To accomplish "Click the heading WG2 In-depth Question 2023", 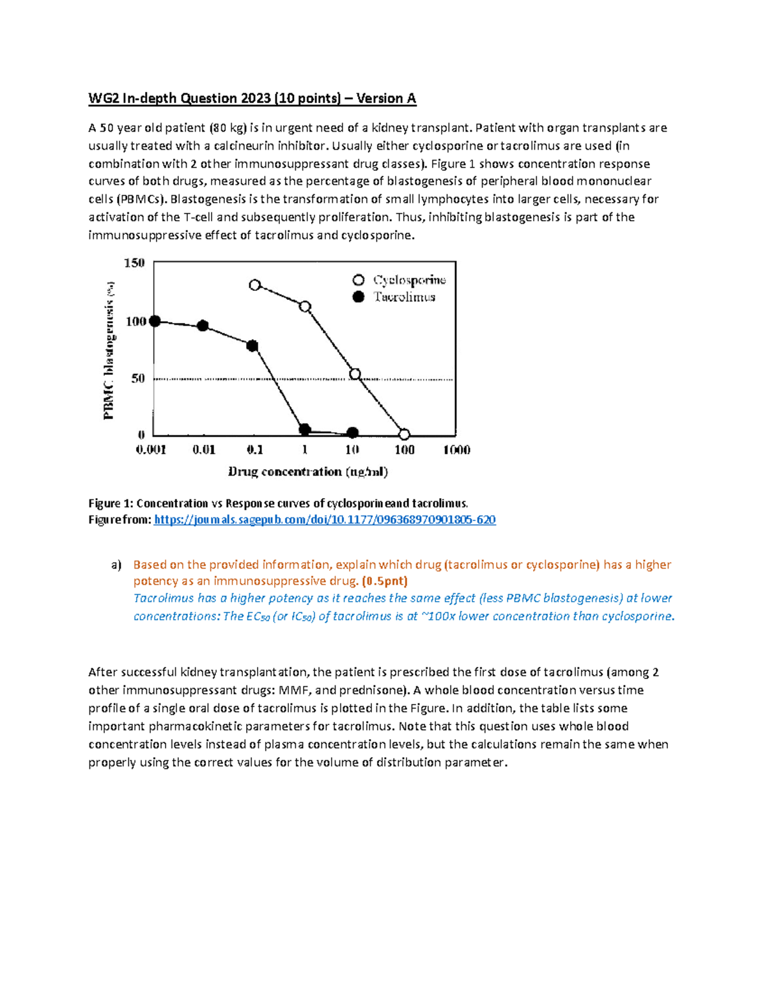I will (252, 98).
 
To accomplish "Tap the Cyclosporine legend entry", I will (408, 280).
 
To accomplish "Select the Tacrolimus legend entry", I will (404, 297).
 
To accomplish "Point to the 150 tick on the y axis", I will (134, 263).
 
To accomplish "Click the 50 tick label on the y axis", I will (138, 379).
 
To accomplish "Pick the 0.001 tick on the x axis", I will (151, 450).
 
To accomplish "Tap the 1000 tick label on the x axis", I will (456, 450).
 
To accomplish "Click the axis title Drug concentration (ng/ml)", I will (308, 472).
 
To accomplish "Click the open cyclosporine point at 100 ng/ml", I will (404, 434).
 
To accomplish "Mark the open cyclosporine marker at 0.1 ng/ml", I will (255, 285).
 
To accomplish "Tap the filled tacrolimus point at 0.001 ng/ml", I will (155, 321).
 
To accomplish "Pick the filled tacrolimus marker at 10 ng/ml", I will (353, 433).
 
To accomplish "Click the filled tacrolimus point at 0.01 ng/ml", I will (203, 325).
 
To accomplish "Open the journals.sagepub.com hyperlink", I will (325, 520).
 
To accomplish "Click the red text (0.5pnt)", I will (384, 581).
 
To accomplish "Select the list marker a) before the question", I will (116, 565).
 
